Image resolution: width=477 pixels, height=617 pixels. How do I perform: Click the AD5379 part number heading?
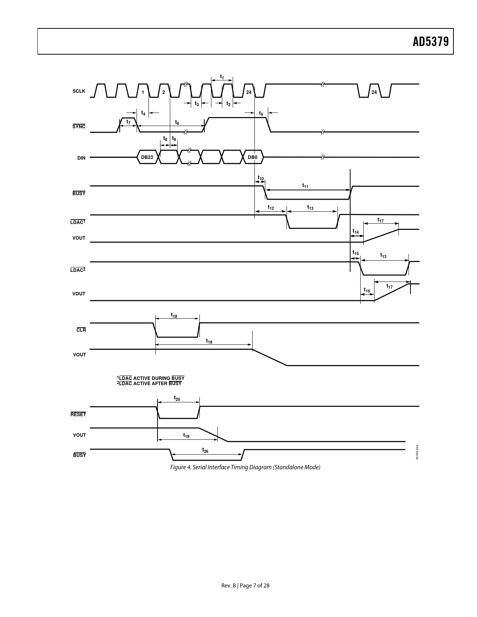431,42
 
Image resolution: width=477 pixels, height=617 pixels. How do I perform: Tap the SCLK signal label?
79,91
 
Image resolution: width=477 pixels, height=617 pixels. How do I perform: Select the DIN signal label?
81,158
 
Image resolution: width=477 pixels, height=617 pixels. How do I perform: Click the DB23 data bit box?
147,157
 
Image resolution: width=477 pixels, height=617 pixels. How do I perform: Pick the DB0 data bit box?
253,157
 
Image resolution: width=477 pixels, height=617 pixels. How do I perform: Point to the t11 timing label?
305,186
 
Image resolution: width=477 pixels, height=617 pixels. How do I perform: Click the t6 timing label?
177,122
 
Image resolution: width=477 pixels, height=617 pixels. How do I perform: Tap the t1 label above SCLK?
222,77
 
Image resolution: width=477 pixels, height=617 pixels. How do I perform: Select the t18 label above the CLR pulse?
174,315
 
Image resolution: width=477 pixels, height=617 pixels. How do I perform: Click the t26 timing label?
205,450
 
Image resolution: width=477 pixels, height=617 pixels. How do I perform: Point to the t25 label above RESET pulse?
177,398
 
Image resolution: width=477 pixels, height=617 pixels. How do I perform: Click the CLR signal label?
81,330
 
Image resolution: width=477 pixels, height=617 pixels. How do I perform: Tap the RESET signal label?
78,414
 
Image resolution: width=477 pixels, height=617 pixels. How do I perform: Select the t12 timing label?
271,208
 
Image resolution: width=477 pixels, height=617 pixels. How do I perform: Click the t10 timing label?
261,178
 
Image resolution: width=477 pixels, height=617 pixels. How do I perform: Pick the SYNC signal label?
79,126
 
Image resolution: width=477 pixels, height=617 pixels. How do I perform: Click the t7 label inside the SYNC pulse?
129,122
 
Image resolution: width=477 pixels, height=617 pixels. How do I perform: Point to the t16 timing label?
367,290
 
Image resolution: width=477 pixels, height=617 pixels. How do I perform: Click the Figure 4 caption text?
245,467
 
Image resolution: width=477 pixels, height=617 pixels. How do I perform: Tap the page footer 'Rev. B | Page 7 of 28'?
245,585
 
